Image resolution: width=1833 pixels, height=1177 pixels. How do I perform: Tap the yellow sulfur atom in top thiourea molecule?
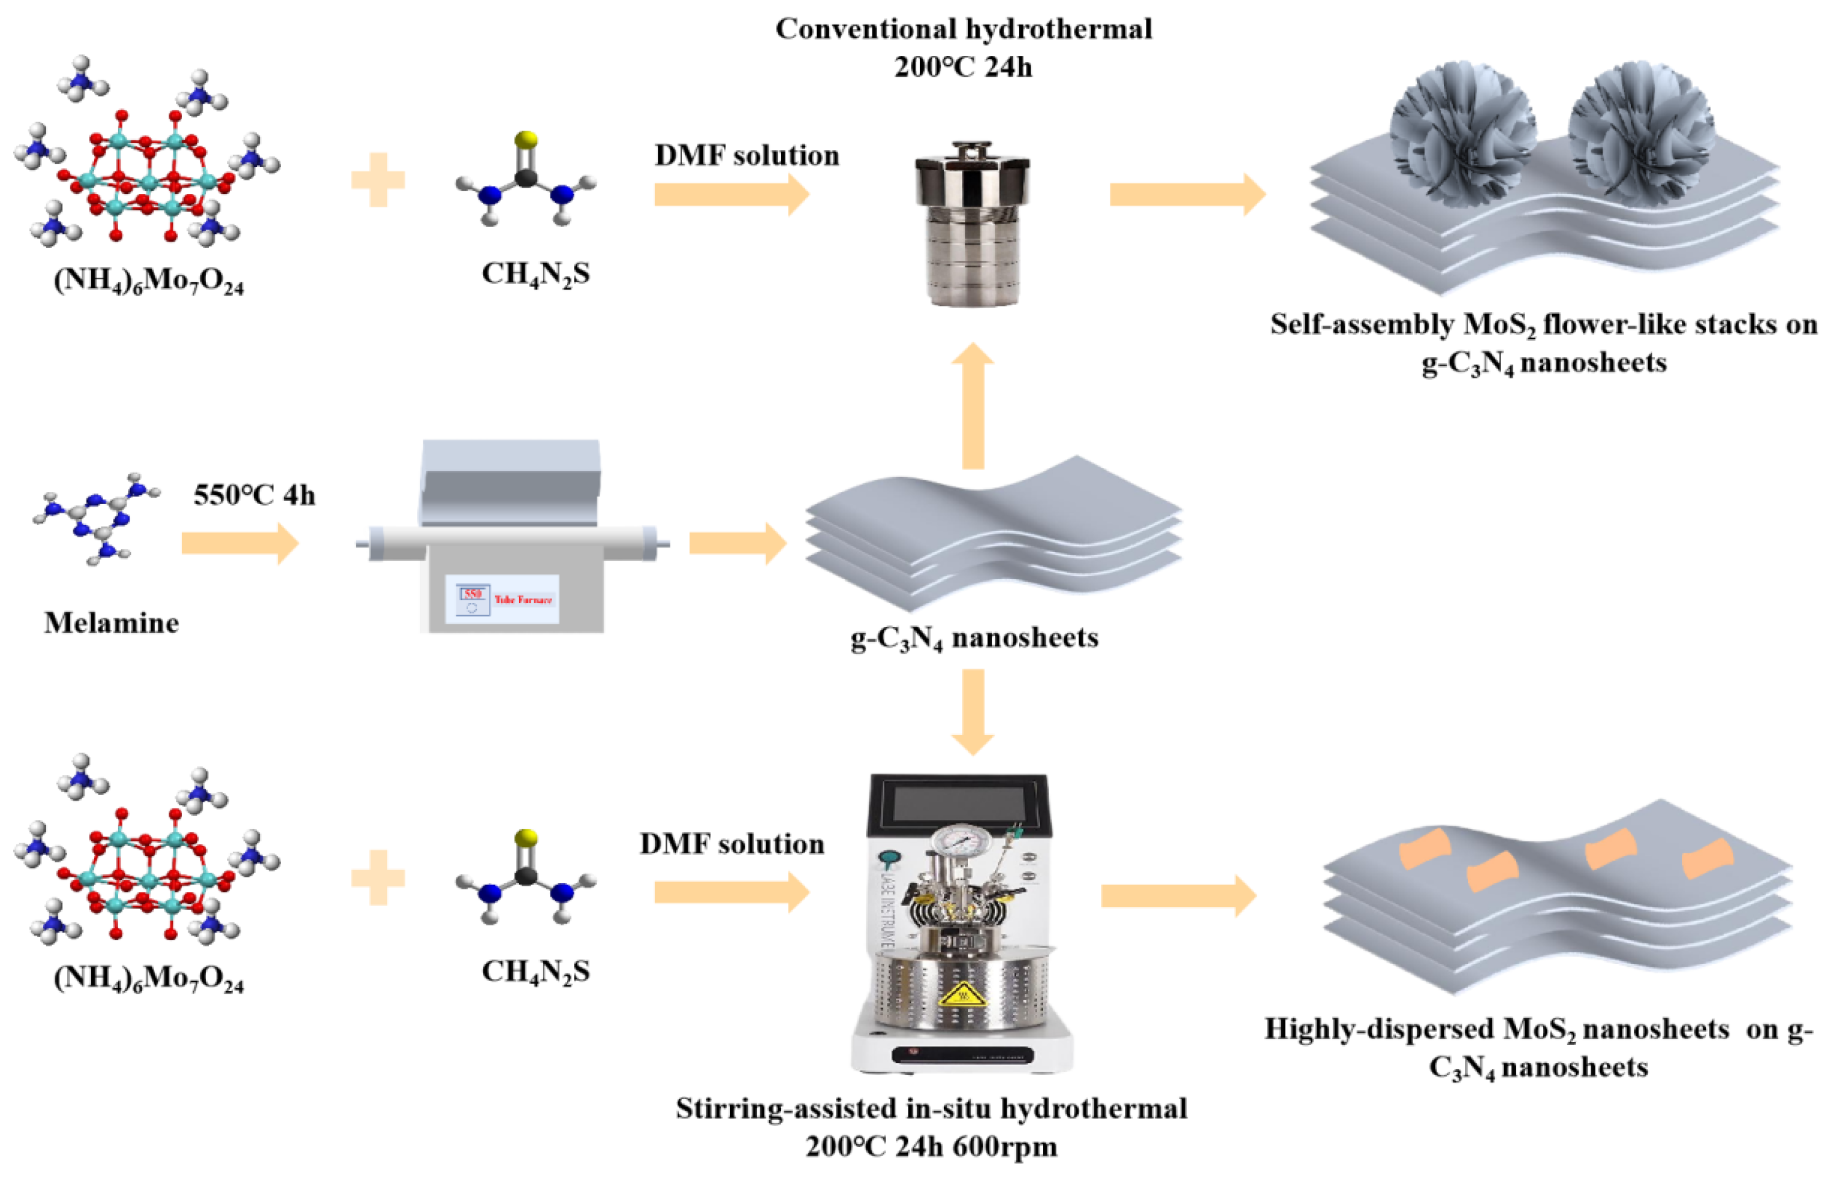tap(526, 139)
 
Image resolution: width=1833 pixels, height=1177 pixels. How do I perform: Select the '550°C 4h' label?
tap(254, 495)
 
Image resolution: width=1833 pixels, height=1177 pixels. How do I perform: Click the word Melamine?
tap(112, 623)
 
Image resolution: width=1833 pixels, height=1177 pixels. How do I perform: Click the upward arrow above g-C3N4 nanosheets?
tap(972, 405)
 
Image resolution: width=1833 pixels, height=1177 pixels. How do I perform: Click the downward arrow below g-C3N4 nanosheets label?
tap(972, 711)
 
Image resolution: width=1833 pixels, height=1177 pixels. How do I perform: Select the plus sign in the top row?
tap(378, 180)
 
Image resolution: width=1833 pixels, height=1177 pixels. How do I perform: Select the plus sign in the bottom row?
tap(378, 878)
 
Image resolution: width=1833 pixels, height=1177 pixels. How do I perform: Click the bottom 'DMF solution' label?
tap(731, 844)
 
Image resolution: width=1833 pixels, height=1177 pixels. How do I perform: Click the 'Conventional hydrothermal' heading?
tap(963, 29)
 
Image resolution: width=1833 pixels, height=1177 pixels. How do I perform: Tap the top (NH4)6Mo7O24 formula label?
tap(148, 282)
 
